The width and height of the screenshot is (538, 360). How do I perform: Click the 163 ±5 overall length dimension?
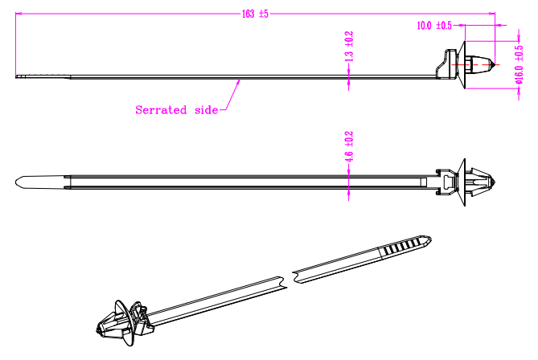click(255, 14)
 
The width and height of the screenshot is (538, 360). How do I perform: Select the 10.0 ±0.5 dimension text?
click(434, 26)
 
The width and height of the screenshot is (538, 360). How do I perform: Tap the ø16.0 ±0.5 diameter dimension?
click(520, 64)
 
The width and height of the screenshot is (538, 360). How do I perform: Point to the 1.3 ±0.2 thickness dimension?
click(348, 47)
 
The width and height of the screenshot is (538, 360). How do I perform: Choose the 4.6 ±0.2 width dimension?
click(348, 147)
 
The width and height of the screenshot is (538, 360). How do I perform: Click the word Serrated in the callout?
click(161, 110)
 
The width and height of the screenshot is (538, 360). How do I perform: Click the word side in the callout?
click(206, 110)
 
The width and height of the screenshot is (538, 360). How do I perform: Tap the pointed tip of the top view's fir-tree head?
click(495, 64)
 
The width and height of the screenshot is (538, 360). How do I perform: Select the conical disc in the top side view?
click(461, 65)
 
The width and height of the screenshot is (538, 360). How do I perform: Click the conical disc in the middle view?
click(461, 182)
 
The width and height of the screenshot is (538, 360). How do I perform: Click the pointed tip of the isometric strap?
click(430, 239)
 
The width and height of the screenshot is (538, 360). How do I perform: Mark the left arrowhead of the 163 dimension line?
click(18, 14)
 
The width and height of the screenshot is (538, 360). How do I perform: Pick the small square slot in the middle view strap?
click(423, 182)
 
